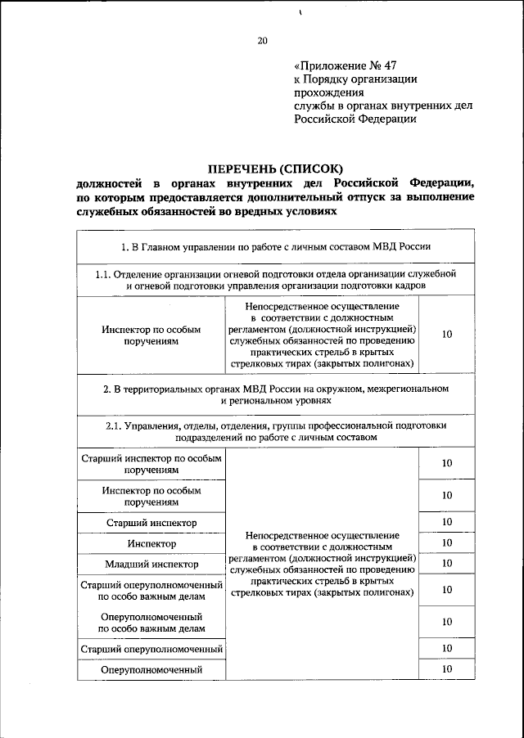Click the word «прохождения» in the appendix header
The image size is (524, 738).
(x=328, y=92)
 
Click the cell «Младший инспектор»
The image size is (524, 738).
(x=151, y=564)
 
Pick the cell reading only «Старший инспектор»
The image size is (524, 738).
(x=151, y=522)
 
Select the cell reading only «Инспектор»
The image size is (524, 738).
(x=151, y=542)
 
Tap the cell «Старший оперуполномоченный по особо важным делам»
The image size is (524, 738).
(x=151, y=590)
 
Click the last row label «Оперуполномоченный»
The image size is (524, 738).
(x=151, y=670)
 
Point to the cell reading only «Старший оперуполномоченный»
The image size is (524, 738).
(x=151, y=649)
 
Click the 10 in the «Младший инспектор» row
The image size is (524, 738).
(x=447, y=563)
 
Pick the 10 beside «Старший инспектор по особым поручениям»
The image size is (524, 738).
(x=447, y=464)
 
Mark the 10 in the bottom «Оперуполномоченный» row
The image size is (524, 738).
(x=447, y=669)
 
